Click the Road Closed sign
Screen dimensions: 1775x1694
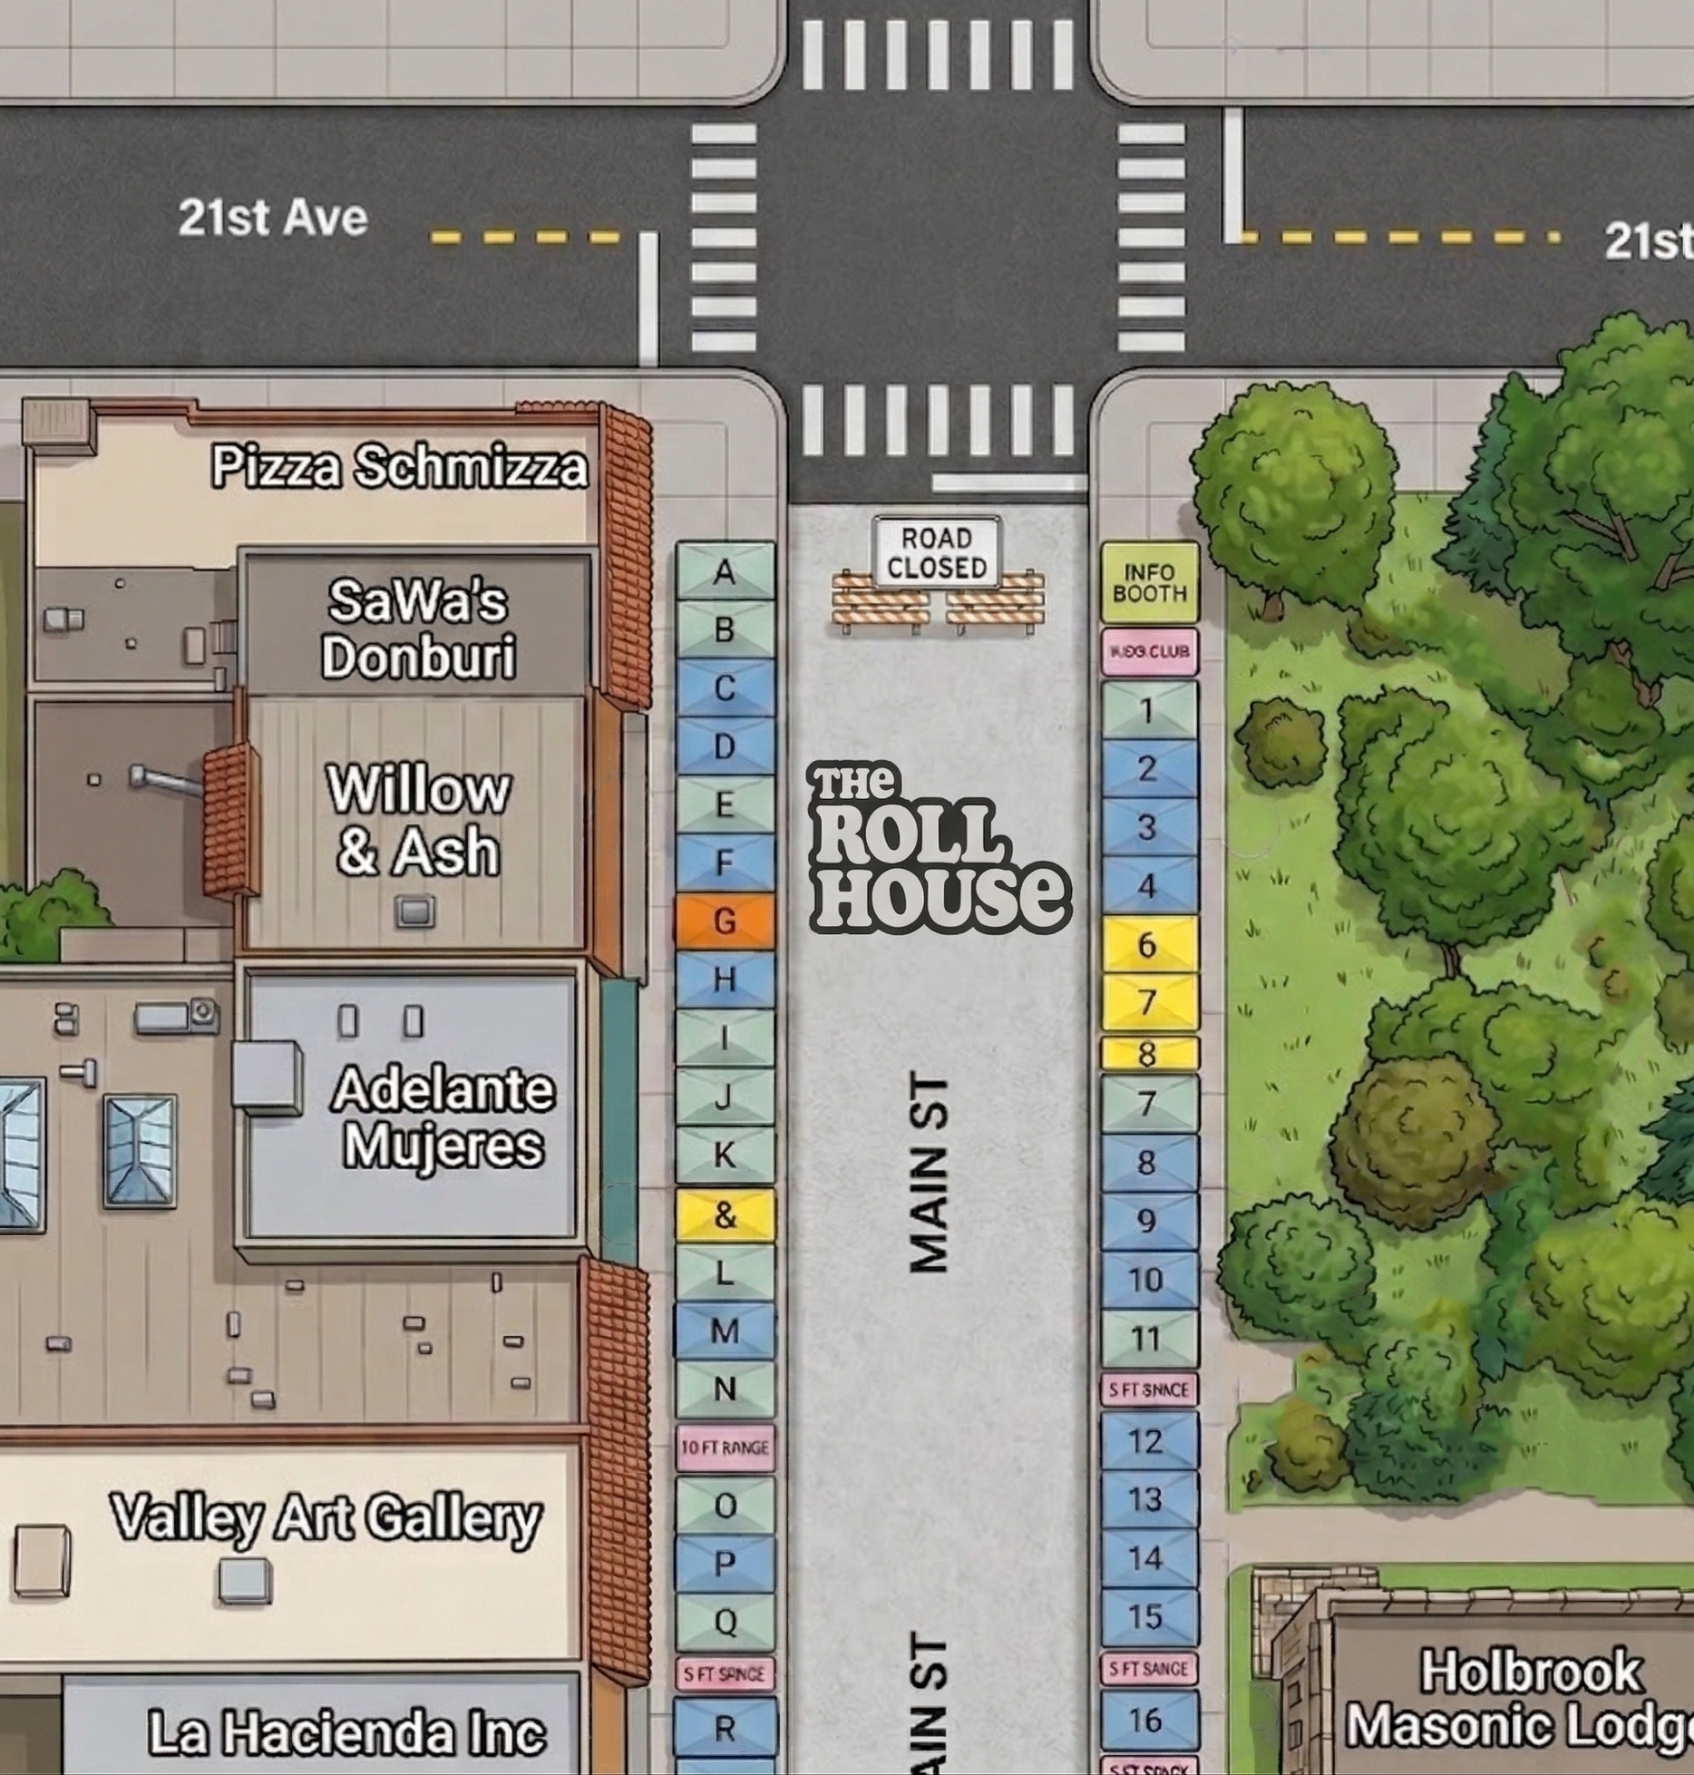point(936,552)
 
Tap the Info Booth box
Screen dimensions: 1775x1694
point(1149,583)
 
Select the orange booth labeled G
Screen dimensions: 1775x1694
point(725,922)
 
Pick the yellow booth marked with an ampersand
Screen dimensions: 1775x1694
point(725,1214)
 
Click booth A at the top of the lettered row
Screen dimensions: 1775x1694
point(725,571)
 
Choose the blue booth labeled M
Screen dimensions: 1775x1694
point(725,1331)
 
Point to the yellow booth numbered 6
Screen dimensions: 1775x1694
point(1148,944)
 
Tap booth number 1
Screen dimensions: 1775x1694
point(1148,710)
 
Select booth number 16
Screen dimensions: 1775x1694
point(1148,1719)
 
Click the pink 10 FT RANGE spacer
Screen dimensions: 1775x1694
point(725,1448)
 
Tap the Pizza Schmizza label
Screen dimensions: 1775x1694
point(399,467)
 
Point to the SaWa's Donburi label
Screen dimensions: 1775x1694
point(418,629)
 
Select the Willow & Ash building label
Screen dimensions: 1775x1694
point(418,821)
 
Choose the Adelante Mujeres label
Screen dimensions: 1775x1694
point(443,1117)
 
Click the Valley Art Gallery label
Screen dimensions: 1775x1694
point(326,1517)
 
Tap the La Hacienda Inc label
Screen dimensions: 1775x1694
point(346,1731)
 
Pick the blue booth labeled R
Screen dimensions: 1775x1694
point(725,1729)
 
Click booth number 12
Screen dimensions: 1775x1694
point(1148,1441)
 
